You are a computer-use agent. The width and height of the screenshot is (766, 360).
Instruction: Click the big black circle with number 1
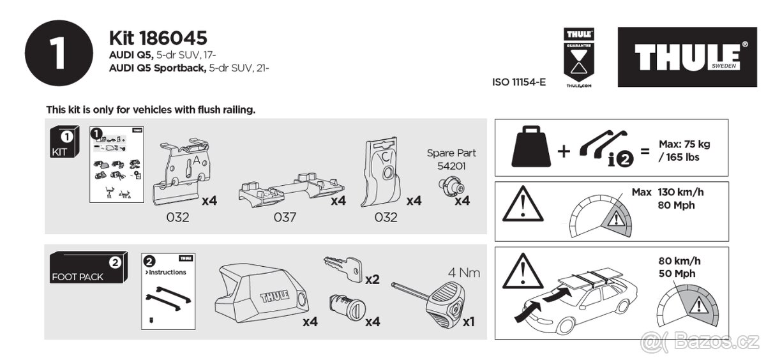pyautogui.click(x=57, y=54)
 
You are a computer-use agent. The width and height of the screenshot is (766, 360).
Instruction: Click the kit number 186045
pyautogui.click(x=158, y=38)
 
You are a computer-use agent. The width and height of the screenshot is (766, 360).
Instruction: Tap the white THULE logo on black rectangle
pyautogui.click(x=687, y=57)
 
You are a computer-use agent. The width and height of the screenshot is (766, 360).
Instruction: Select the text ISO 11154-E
pyautogui.click(x=519, y=82)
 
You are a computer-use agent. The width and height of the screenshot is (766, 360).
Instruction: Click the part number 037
pyautogui.click(x=285, y=218)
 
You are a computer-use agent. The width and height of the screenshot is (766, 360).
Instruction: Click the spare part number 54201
pyautogui.click(x=451, y=165)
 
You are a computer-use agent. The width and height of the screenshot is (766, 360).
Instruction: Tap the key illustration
pyautogui.click(x=343, y=268)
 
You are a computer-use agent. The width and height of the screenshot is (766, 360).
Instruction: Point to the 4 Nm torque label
pyautogui.click(x=464, y=273)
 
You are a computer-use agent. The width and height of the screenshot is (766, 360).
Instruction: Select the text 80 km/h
pyautogui.click(x=679, y=260)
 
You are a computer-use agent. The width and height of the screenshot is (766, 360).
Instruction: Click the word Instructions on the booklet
pyautogui.click(x=167, y=272)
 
